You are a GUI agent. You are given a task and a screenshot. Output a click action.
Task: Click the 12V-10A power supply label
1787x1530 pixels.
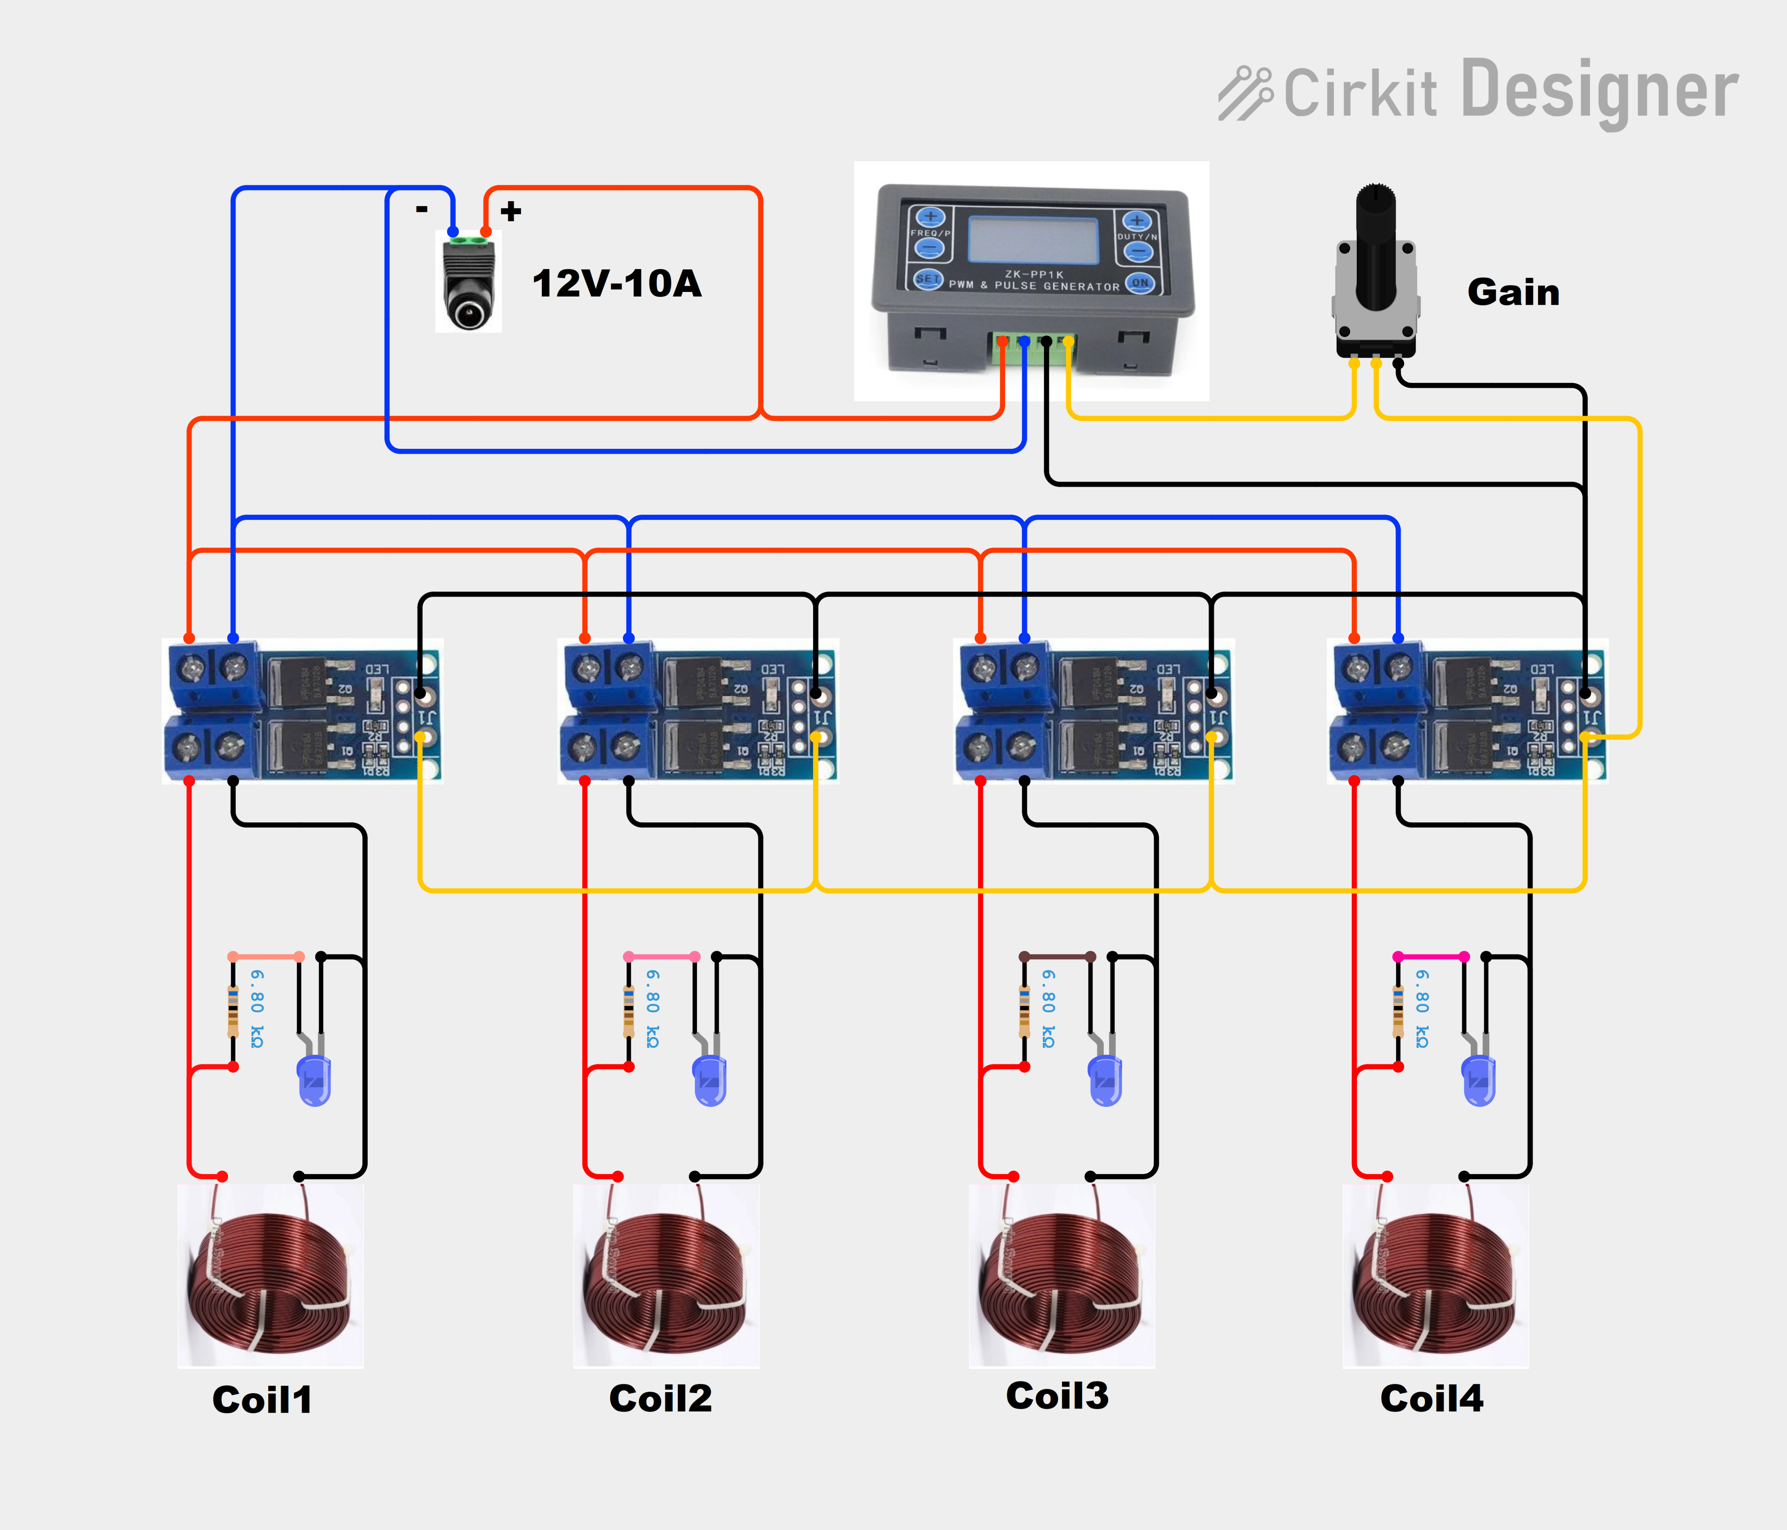pyautogui.click(x=617, y=284)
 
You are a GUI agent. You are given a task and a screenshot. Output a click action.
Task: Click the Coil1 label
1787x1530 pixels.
pyautogui.click(x=262, y=1400)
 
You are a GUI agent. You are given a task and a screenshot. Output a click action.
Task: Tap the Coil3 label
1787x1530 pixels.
pyautogui.click(x=1057, y=1395)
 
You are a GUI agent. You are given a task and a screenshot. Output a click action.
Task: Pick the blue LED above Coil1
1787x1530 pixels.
pyautogui.click(x=314, y=1080)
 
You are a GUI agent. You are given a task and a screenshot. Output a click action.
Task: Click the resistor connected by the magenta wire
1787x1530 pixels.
pyautogui.click(x=1398, y=1011)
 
